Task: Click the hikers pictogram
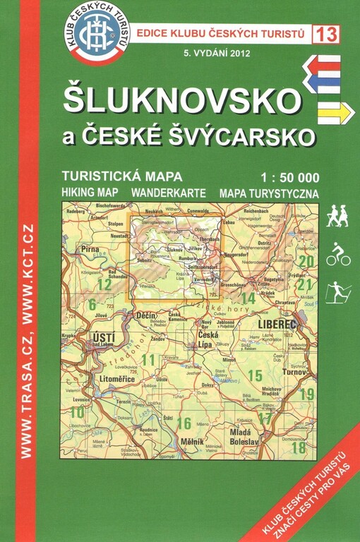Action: click(x=337, y=216)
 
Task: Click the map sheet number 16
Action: click(x=184, y=423)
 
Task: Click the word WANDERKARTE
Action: click(x=172, y=193)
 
